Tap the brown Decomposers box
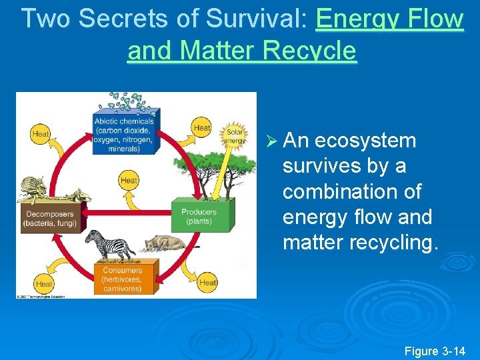tap(50, 218)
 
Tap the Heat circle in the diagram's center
tap(129, 180)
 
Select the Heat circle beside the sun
tap(201, 127)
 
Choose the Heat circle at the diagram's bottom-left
tap(43, 283)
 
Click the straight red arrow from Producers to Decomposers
tap(127, 213)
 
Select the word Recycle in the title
tap(310, 50)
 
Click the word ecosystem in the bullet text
tap(365, 141)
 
